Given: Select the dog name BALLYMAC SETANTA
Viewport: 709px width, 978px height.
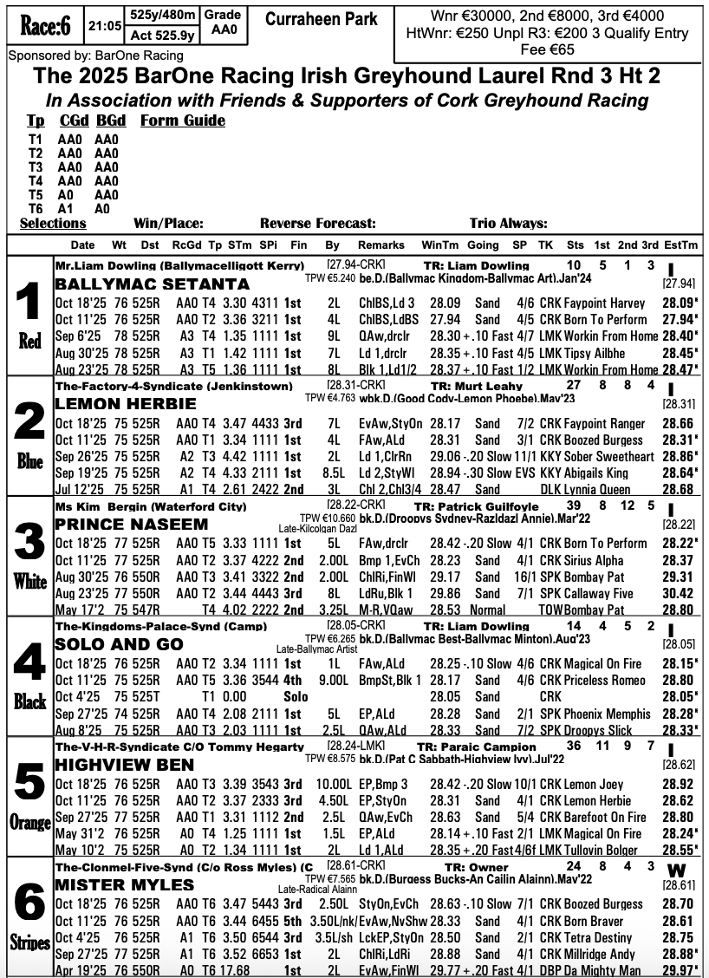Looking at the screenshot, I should (152, 284).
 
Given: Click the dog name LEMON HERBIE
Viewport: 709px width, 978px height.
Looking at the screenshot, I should (126, 403).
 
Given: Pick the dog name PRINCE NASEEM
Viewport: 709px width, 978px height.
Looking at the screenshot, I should (133, 524).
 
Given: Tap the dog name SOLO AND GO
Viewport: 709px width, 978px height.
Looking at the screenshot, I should (119, 644).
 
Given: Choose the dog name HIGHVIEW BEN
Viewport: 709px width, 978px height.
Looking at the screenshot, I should (125, 766).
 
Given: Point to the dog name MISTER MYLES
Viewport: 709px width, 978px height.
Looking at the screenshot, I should (124, 885).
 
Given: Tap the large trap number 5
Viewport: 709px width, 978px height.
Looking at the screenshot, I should (29, 786).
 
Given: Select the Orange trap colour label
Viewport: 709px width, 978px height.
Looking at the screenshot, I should (29, 821).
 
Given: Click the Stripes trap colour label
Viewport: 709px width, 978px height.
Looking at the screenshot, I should (29, 942).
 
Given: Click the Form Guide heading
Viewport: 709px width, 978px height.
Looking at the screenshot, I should (182, 121).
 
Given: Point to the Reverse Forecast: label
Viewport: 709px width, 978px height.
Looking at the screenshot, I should (318, 223).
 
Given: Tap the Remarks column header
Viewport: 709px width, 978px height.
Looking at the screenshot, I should (381, 245).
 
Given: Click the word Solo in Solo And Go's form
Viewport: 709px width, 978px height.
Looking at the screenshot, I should (297, 696).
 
